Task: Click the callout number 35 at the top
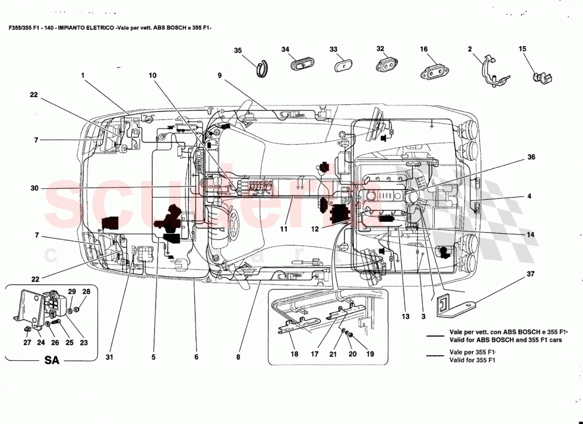pyautogui.click(x=238, y=50)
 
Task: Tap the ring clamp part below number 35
pyautogui.click(x=261, y=69)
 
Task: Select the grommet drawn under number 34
pyautogui.click(x=301, y=64)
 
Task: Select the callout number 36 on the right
pyautogui.click(x=531, y=157)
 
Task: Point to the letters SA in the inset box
pyautogui.click(x=51, y=361)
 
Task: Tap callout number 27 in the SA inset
pyautogui.click(x=27, y=342)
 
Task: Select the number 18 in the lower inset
pyautogui.click(x=294, y=354)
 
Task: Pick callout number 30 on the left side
pyautogui.click(x=34, y=188)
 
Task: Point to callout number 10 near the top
pyautogui.click(x=152, y=75)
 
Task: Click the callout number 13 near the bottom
pyautogui.click(x=405, y=317)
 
